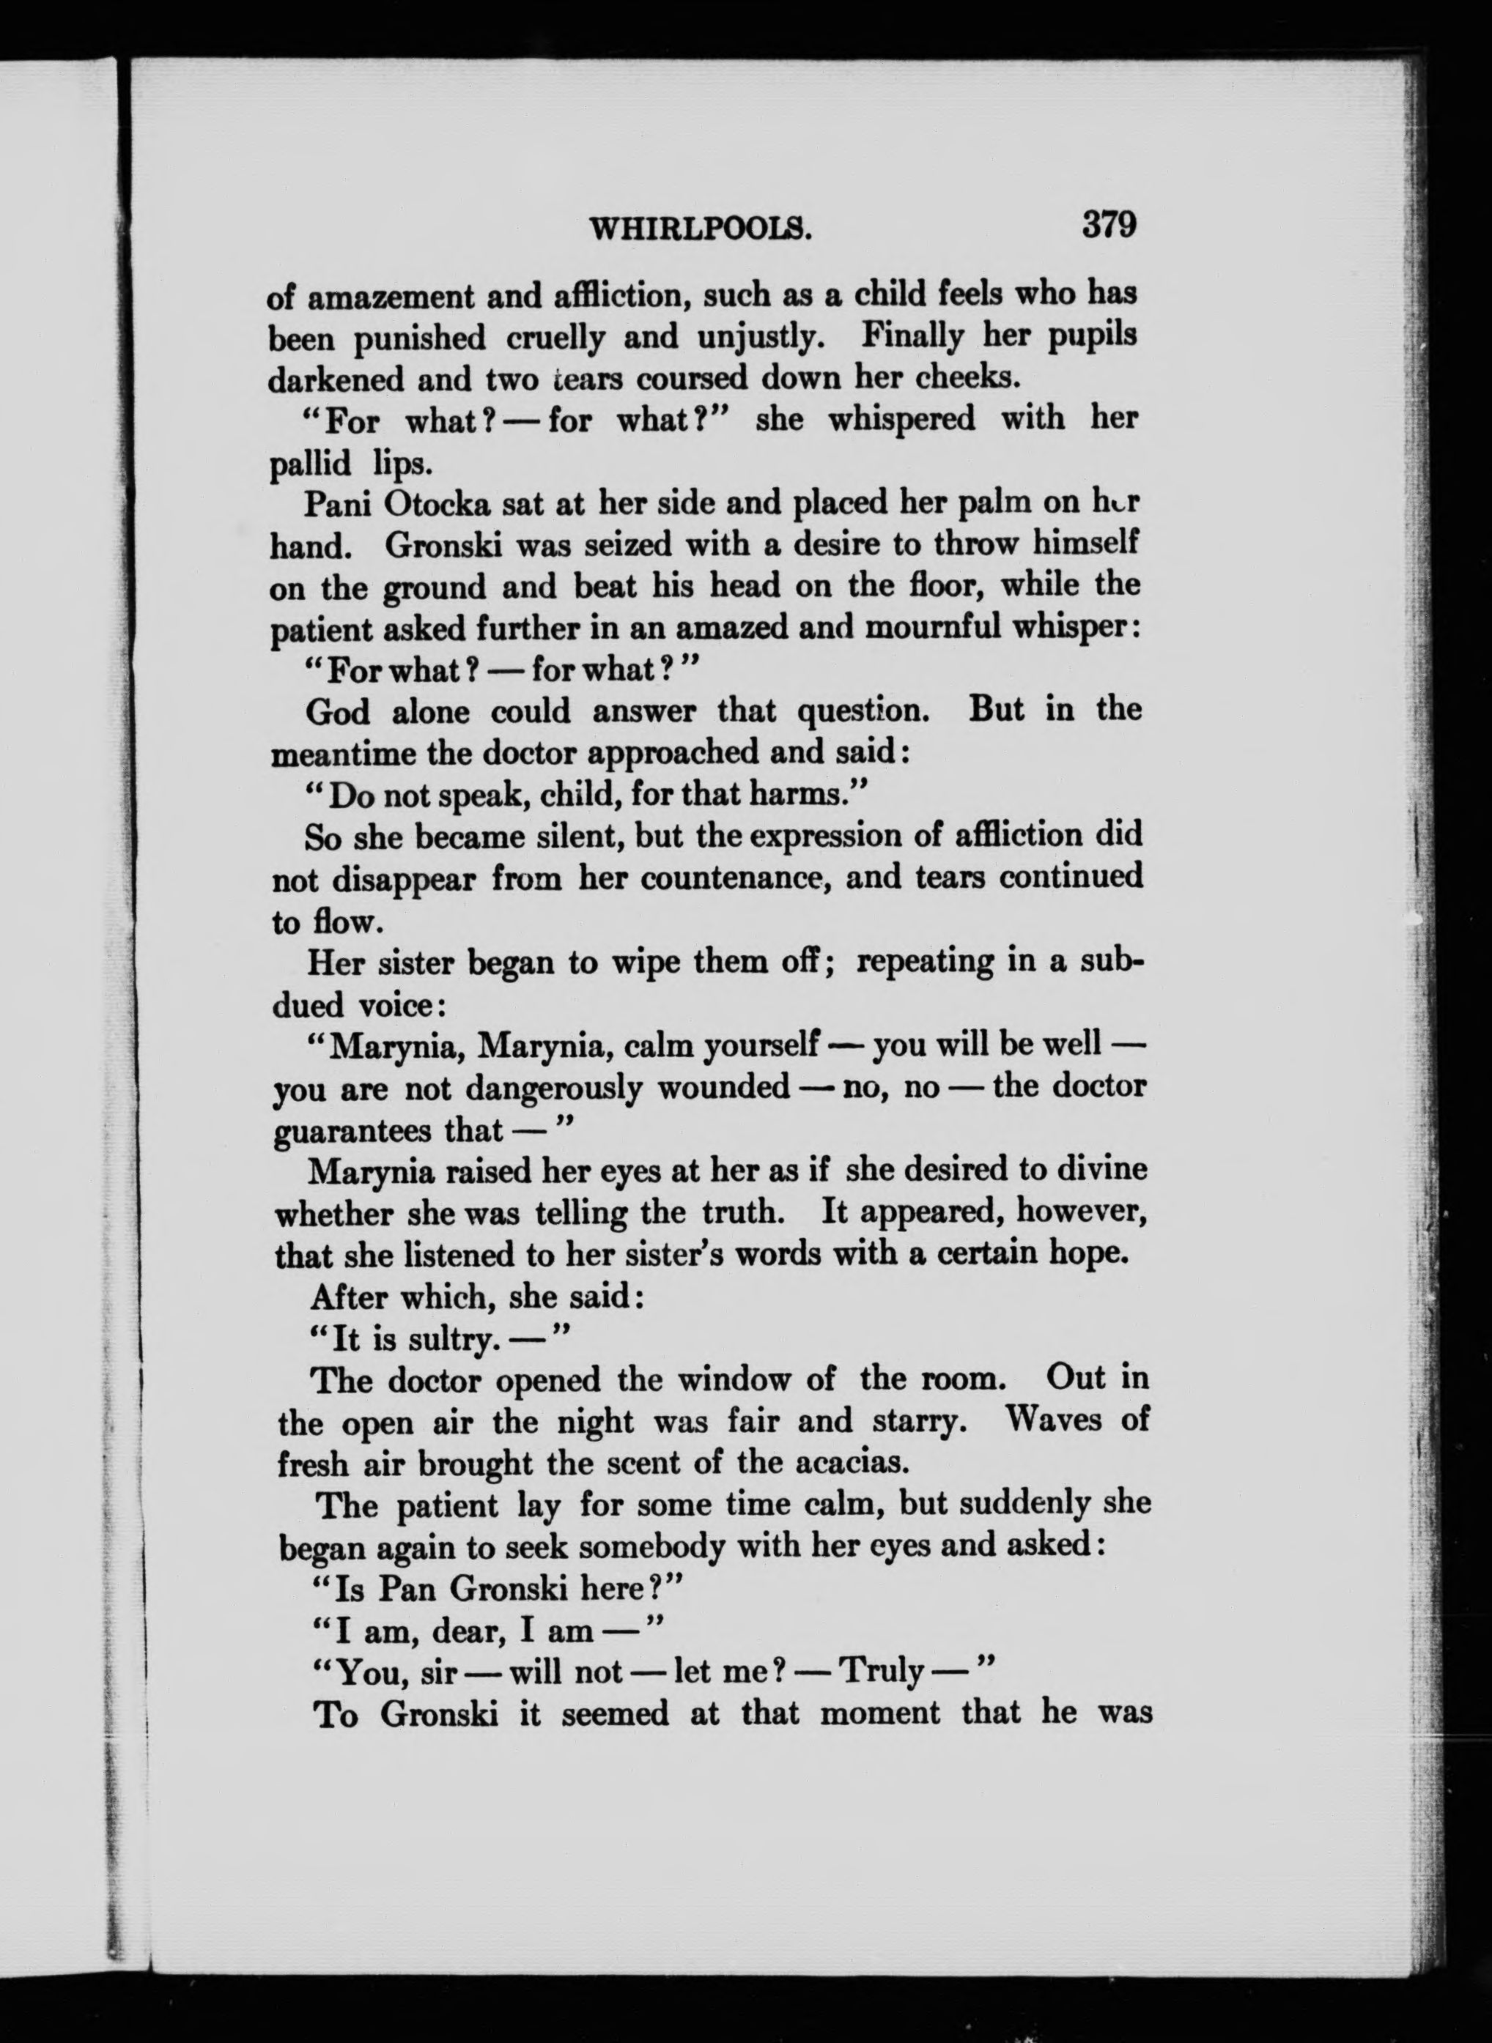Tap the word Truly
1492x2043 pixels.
(x=882, y=1673)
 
